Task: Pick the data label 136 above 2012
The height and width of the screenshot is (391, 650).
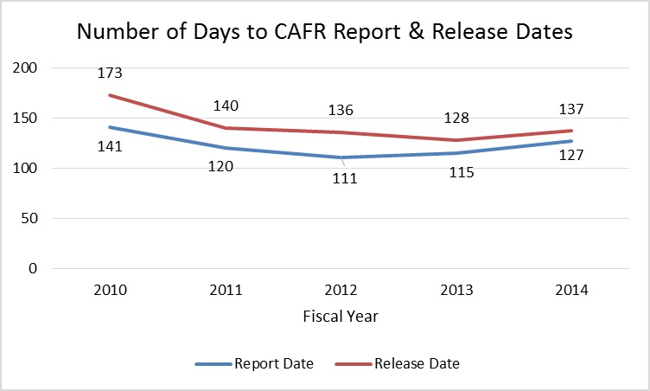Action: coord(341,111)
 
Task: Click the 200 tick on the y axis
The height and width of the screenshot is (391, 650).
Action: coord(25,67)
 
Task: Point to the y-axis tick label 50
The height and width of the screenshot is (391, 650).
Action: coord(29,218)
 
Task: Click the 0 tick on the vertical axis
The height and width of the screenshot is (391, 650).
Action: coord(34,268)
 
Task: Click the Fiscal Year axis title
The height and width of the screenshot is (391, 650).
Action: coord(341,317)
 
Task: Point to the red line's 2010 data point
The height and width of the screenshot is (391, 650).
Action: coord(110,95)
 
